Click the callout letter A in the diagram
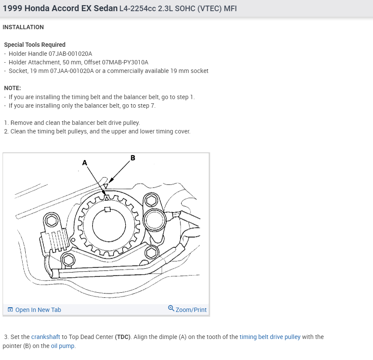(84, 163)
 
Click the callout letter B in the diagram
(133, 158)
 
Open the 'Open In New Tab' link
(38, 310)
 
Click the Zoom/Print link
(191, 309)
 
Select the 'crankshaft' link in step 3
(45, 337)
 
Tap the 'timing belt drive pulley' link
(270, 337)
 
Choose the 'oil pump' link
(63, 346)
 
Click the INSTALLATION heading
(23, 27)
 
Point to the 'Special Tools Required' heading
(35, 45)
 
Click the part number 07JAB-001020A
(71, 54)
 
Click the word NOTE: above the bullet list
(12, 88)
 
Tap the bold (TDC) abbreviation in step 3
(123, 337)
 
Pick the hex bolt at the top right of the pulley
(151, 200)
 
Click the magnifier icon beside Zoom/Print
(171, 309)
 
